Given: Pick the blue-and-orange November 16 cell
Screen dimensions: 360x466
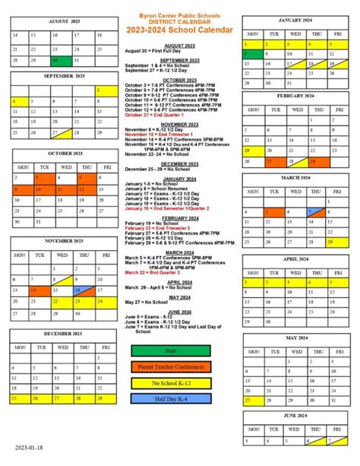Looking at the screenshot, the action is [81, 290].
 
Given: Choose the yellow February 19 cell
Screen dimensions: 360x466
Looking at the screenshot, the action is [251, 151].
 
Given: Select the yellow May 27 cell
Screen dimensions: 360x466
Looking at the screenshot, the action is [251, 401].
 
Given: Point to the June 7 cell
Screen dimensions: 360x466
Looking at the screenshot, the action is [336, 440].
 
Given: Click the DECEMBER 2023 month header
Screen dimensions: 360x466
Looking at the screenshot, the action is [63, 334].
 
